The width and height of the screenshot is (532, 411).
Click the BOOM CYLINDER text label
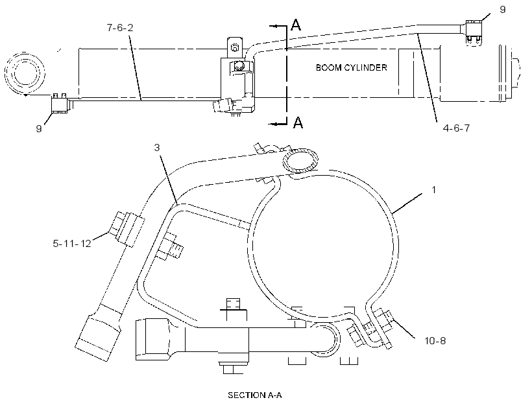coord(351,67)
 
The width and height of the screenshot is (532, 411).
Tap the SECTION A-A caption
coord(254,395)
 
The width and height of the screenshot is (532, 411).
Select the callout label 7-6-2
coord(120,27)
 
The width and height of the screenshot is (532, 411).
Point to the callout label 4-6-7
coord(456,128)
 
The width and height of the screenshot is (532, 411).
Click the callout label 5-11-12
coord(72,243)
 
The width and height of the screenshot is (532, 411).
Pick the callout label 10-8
coord(435,340)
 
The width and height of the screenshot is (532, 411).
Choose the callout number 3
coord(157,148)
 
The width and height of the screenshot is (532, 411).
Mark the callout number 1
coord(433,189)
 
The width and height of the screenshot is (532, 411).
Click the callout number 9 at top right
coord(503,10)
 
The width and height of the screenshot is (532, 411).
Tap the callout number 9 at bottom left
coord(39,128)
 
